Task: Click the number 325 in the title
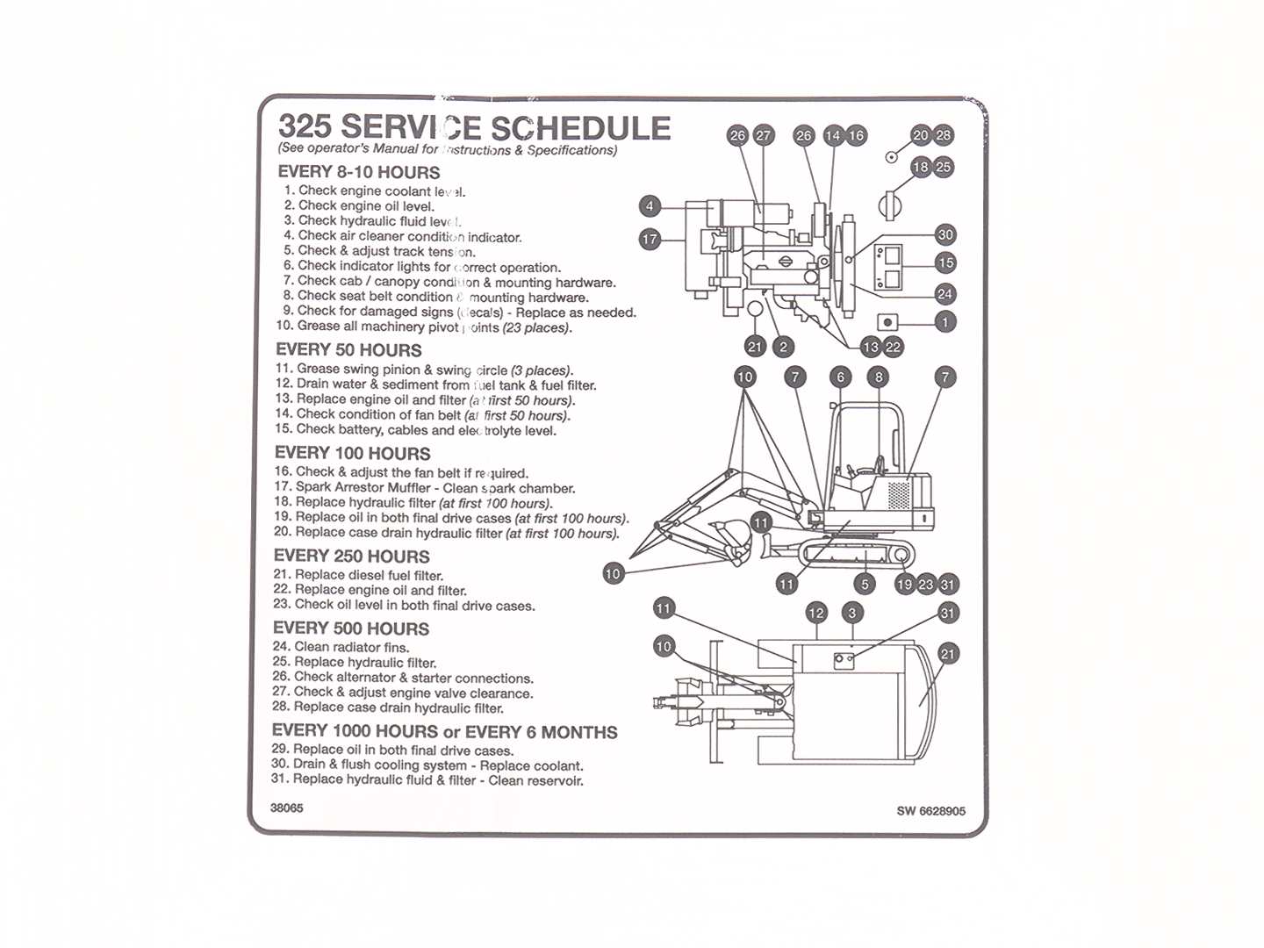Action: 305,126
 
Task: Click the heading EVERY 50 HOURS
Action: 348,349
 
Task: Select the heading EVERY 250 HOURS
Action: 351,556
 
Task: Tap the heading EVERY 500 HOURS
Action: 350,628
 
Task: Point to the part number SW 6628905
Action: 930,811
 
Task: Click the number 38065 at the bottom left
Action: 287,808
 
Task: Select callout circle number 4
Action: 650,207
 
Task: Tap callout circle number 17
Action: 650,239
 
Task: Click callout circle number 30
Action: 945,234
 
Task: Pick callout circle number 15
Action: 945,262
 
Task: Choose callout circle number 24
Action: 945,294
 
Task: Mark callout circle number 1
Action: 945,322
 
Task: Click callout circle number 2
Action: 784,347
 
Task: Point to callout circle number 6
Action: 840,377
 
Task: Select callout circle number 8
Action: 878,377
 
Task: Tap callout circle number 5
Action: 865,585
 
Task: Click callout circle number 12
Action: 816,613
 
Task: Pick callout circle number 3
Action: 851,613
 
